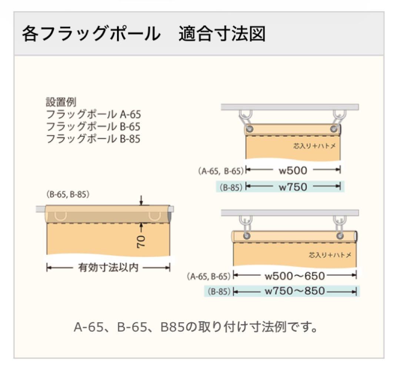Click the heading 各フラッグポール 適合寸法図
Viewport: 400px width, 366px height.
tap(144, 34)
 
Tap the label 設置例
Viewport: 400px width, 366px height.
tap(61, 102)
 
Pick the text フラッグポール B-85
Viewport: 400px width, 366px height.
tap(93, 139)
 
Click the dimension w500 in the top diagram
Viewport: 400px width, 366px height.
tap(293, 170)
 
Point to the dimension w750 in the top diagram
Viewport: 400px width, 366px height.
tap(293, 187)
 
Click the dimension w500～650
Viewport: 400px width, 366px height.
tap(295, 276)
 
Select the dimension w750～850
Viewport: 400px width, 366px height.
tap(295, 291)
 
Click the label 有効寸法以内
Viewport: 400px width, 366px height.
tap(108, 268)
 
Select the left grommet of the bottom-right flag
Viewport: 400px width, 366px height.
tap(247, 236)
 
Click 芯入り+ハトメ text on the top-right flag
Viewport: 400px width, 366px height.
tap(314, 146)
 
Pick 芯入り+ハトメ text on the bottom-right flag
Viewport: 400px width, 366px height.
tap(330, 255)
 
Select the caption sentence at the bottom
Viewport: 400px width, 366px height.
tap(196, 327)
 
